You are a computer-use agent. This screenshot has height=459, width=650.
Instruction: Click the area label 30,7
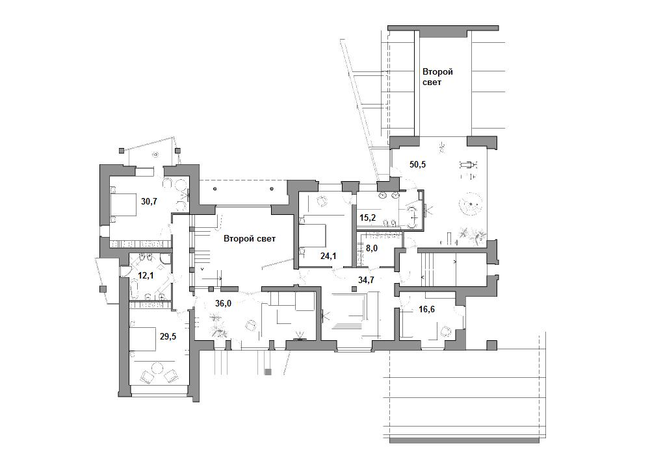(x=149, y=201)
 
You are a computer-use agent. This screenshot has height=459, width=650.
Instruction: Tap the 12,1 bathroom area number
(x=146, y=275)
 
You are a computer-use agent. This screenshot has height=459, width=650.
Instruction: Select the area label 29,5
(x=168, y=336)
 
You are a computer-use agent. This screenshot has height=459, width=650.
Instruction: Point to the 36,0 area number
(x=223, y=303)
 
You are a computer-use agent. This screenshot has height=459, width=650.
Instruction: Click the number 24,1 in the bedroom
(x=328, y=256)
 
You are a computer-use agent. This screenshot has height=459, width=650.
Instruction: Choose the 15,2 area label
(x=368, y=217)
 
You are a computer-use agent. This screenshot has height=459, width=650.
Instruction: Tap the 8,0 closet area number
(x=372, y=249)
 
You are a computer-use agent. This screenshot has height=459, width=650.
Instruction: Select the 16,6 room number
(x=426, y=309)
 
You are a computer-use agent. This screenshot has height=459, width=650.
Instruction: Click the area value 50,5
(x=418, y=164)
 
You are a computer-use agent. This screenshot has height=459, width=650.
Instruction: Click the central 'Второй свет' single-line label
(x=250, y=239)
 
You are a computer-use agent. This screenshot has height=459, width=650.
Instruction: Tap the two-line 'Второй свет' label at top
(x=437, y=77)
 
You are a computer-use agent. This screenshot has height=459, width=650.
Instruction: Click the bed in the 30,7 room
(x=123, y=204)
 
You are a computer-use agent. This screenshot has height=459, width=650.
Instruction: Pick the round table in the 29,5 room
(x=157, y=367)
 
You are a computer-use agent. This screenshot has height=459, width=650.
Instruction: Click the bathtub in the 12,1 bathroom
(x=135, y=288)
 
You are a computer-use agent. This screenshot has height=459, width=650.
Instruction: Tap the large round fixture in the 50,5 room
(x=471, y=204)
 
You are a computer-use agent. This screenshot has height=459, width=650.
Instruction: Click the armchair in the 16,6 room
(x=446, y=330)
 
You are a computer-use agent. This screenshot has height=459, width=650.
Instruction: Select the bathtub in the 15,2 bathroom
(x=413, y=216)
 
